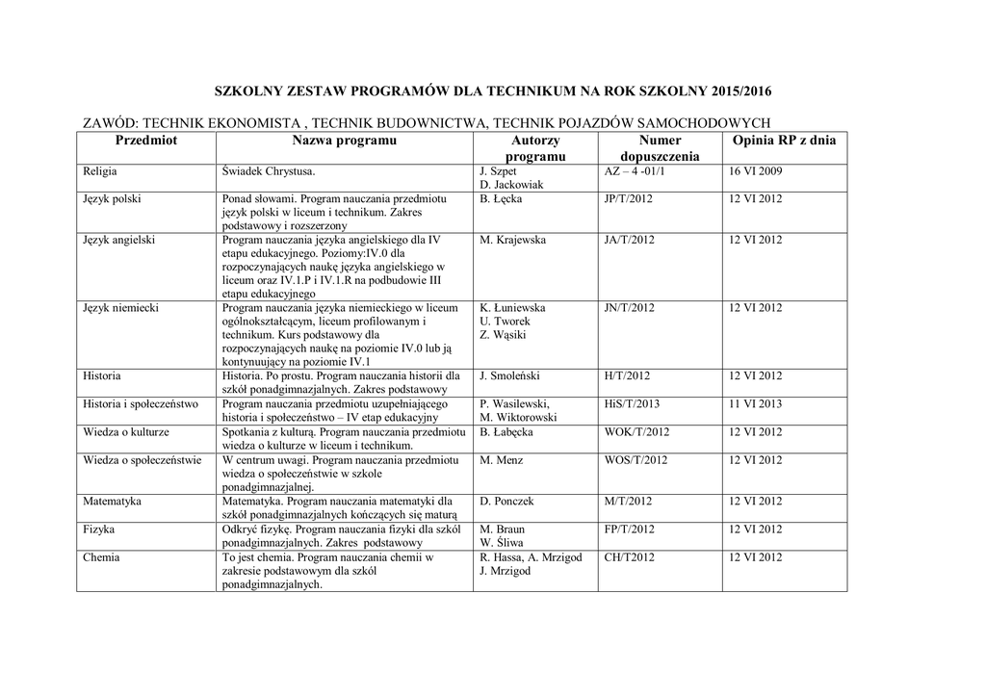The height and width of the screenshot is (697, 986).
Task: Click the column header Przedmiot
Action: pos(146,141)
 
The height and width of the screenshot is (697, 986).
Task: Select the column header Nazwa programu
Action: pos(345,141)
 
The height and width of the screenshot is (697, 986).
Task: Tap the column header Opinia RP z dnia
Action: pos(784,141)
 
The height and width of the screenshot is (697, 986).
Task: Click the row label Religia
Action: pos(100,171)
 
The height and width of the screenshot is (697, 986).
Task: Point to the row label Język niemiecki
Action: pos(120,308)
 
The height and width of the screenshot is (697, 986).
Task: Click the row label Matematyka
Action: pos(113,502)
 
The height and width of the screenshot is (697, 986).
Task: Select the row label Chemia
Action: pos(102,556)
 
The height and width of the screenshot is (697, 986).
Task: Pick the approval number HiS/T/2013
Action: pos(633,404)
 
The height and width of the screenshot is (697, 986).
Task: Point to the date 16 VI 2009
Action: pos(756,171)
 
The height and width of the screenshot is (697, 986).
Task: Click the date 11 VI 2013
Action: pos(756,404)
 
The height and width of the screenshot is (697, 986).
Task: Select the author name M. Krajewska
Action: pos(513,240)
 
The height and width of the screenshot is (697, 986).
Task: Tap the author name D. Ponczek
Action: pos(506,502)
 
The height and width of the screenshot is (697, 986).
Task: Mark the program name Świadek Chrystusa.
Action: pos(269,171)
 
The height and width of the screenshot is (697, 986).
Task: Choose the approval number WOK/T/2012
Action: pos(636,432)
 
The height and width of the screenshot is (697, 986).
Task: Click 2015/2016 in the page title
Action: pos(742,91)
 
